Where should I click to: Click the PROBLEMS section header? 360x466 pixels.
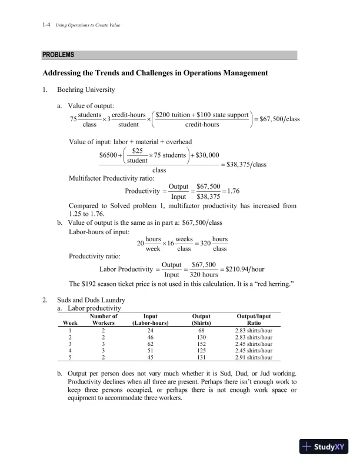pos(58,55)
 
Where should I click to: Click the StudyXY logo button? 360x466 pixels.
pos(323,447)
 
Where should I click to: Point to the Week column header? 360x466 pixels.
pos(70,323)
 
